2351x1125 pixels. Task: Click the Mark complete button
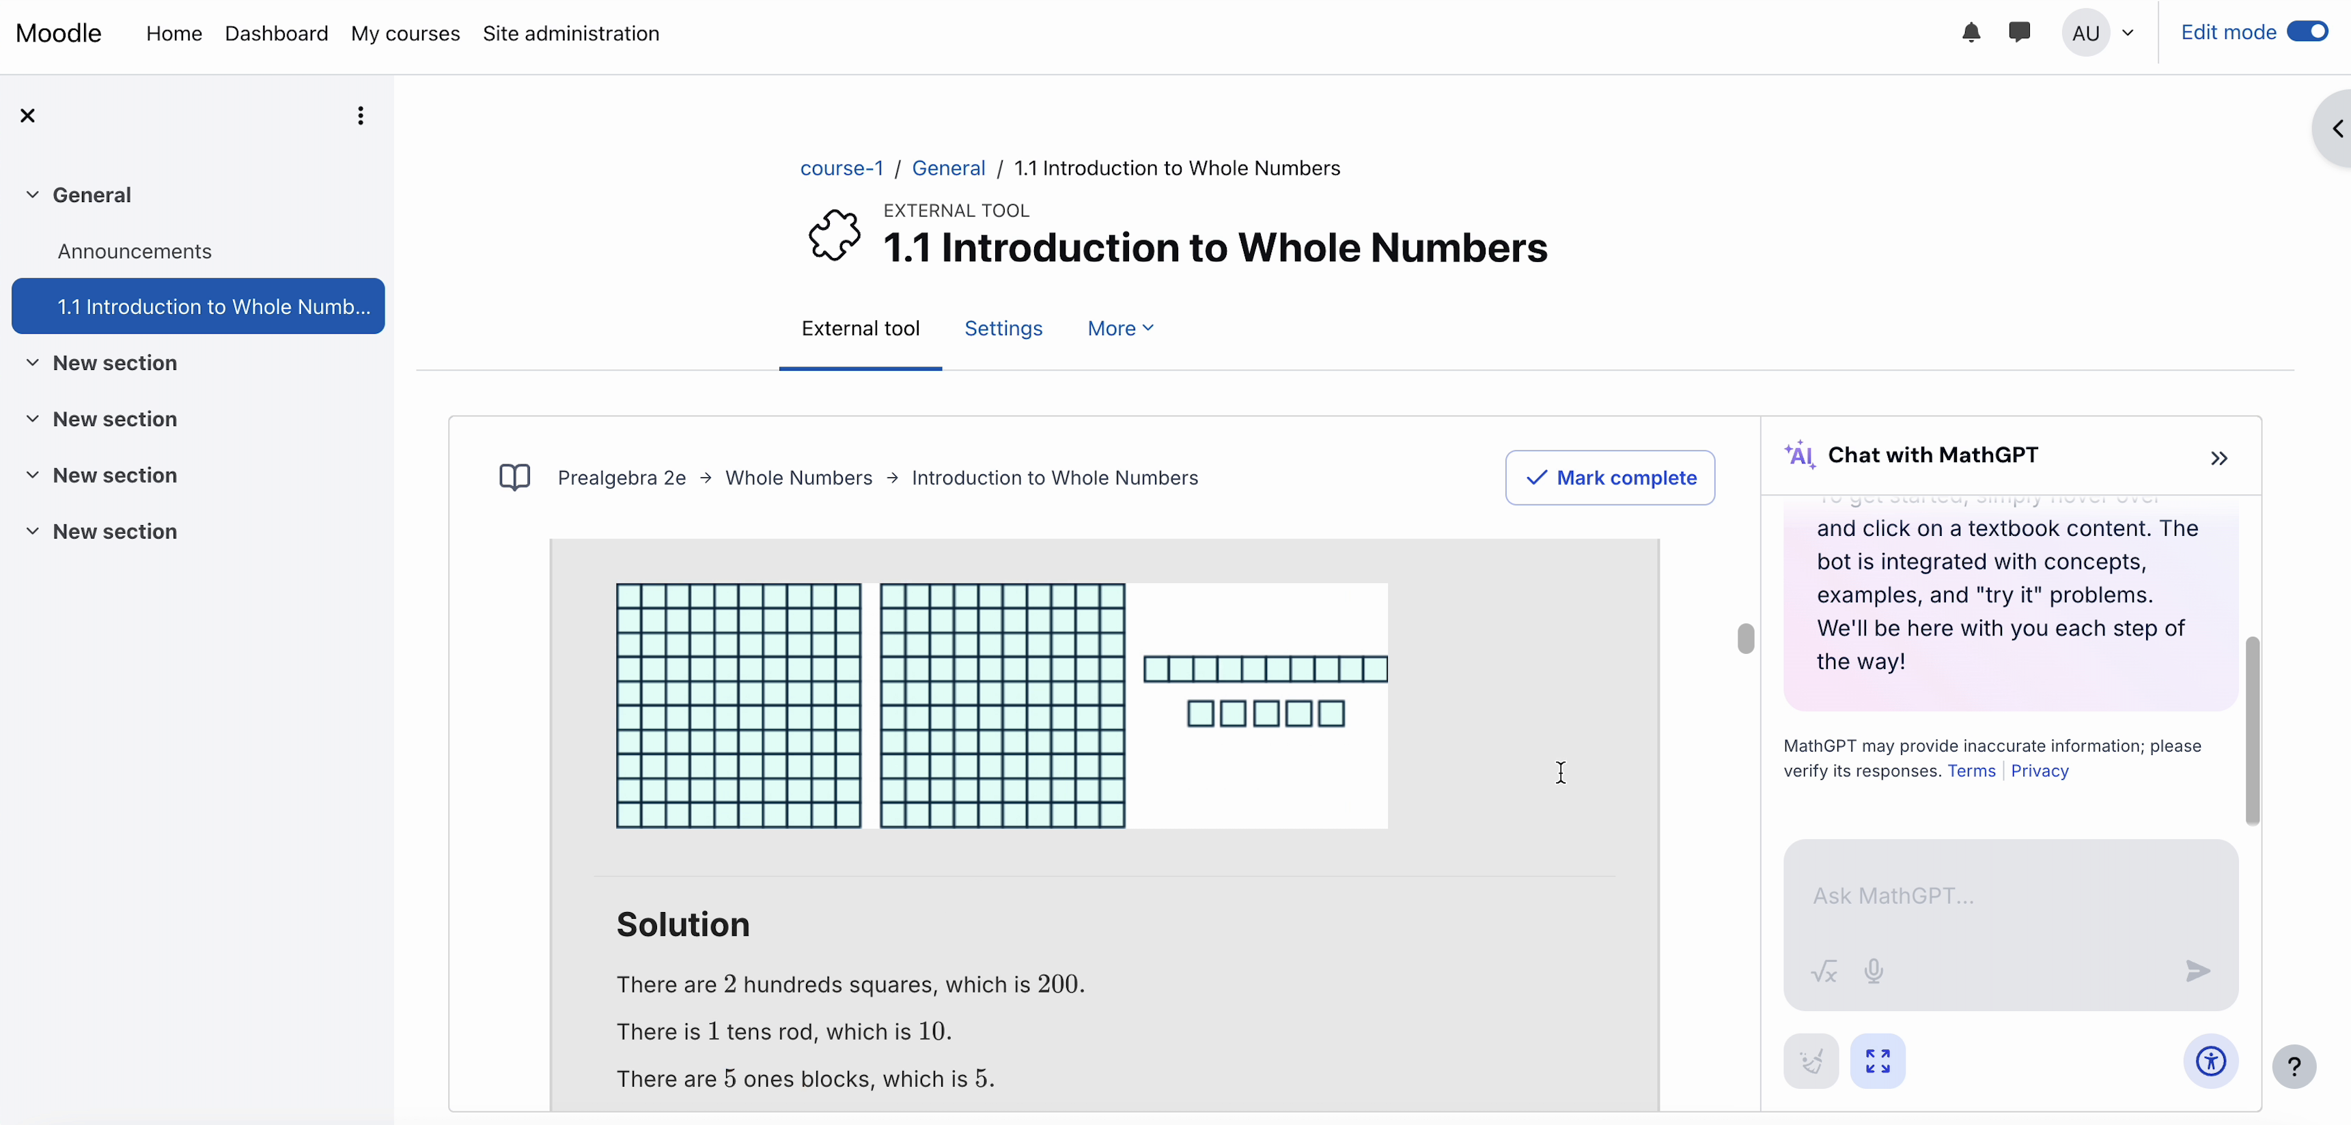click(x=1610, y=477)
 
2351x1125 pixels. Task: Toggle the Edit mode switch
click(x=2307, y=32)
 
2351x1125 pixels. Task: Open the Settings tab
click(x=1003, y=328)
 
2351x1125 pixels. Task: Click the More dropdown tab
click(x=1119, y=328)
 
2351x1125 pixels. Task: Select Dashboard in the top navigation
click(x=276, y=33)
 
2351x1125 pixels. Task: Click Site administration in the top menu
click(x=570, y=33)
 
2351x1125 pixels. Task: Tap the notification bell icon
click(x=1971, y=33)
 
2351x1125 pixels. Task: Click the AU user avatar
click(x=2085, y=33)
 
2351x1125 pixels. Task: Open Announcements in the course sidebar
click(x=134, y=251)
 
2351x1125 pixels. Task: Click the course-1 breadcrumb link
click(x=841, y=168)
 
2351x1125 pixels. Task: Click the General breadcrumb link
click(x=948, y=168)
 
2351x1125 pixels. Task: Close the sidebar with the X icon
click(x=27, y=115)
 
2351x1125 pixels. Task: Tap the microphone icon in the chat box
click(x=1874, y=971)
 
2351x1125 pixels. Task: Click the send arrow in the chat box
click(x=2198, y=971)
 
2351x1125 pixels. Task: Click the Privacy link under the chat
click(x=2039, y=771)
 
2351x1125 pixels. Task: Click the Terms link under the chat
click(x=1971, y=771)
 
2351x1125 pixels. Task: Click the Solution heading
click(x=682, y=924)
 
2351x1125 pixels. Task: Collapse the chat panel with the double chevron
click(x=2218, y=458)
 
